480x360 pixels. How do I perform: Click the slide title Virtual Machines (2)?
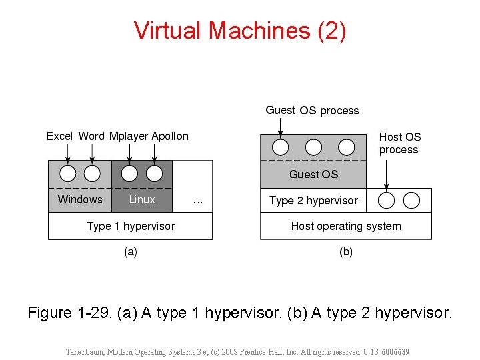pos(240,31)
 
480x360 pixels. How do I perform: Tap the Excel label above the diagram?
pos(59,136)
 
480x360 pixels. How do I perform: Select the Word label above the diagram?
pos(91,136)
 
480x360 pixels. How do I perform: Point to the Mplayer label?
pos(129,136)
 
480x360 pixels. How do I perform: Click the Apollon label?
pos(170,136)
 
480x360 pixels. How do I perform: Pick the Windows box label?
pos(80,199)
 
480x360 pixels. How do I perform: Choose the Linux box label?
pos(142,199)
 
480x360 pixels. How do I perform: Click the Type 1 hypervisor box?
pos(131,226)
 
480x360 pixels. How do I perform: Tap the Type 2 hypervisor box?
pos(313,200)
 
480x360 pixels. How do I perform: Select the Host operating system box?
pos(346,226)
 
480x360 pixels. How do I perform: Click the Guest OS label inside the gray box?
pos(313,175)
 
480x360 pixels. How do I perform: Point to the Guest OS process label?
pos(312,110)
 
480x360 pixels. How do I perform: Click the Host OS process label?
pos(400,143)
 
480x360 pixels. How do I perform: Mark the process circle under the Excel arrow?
pos(67,174)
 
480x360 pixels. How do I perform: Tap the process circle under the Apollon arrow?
pos(154,174)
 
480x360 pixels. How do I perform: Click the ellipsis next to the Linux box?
pos(197,201)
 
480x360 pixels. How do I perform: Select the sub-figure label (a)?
pos(131,251)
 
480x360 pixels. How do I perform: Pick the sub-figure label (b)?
pos(346,251)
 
